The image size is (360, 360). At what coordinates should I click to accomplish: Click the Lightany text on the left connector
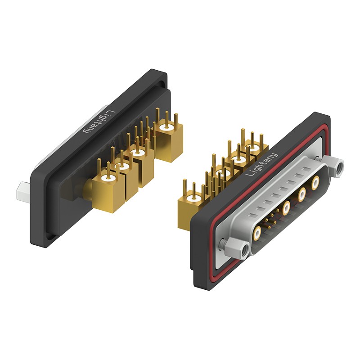click(x=99, y=122)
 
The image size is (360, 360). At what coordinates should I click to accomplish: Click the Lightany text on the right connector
click(x=262, y=164)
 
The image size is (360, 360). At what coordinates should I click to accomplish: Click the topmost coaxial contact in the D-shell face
click(x=316, y=182)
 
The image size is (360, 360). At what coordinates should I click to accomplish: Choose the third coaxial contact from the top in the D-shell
click(x=287, y=208)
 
